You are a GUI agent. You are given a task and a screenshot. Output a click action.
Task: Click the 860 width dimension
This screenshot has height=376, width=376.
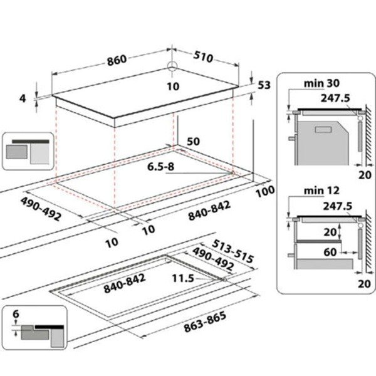117,60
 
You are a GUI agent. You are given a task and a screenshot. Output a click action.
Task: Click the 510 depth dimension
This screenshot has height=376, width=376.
203,57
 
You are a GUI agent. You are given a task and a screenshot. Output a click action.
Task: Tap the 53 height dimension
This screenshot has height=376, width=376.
264,85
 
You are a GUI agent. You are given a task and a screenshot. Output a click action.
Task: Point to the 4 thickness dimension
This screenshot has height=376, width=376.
23,98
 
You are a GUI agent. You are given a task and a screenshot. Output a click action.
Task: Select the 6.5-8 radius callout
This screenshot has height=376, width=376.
160,167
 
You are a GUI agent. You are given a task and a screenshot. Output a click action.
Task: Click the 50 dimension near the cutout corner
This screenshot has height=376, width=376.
193,142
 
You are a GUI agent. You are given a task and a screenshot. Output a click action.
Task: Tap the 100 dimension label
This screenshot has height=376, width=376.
265,191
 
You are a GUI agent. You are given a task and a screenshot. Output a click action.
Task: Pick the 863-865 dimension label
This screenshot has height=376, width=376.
205,321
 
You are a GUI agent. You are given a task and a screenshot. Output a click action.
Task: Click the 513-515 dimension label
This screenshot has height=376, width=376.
232,251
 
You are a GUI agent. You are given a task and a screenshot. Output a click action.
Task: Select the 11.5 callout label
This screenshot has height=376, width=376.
183,278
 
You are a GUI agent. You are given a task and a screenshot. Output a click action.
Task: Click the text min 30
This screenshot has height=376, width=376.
321,83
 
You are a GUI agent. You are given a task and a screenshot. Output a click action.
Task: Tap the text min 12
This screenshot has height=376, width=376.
321,191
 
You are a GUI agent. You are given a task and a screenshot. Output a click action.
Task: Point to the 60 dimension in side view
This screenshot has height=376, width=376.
330,252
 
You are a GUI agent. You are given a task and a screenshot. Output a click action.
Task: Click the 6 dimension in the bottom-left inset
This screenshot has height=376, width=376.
16,314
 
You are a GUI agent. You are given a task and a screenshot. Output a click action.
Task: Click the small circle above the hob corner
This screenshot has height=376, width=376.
172,66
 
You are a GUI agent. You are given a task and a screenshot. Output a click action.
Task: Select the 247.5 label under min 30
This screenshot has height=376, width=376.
335,98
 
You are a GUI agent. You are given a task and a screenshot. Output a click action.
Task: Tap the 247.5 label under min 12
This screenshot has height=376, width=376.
337,206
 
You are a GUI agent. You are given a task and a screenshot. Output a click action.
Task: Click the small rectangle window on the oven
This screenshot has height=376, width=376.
323,130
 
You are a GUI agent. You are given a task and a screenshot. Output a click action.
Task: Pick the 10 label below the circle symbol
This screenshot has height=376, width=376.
173,86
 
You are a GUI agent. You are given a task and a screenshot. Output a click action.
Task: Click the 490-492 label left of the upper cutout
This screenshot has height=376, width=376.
41,209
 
